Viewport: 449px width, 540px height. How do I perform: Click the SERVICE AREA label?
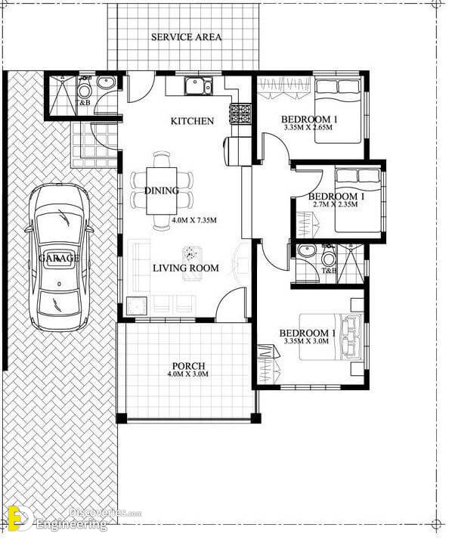coord(186,37)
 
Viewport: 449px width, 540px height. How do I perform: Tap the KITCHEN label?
coord(192,121)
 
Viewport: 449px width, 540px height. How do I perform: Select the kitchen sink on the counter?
coord(199,85)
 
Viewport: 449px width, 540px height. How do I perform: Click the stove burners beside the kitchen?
coord(240,114)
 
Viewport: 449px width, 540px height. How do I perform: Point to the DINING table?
coord(162,191)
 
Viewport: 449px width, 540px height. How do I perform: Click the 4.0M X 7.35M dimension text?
coord(194,220)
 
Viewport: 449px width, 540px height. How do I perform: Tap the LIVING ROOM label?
coord(186,268)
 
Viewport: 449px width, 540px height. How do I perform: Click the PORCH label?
coord(189,366)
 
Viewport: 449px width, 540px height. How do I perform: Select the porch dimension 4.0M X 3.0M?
coord(188,374)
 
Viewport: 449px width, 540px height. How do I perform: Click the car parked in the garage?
coord(59,257)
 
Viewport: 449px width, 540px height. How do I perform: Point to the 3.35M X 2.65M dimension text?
coord(308,127)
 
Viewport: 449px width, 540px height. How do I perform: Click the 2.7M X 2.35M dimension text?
coord(335,204)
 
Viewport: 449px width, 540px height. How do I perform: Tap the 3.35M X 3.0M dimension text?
coord(306,341)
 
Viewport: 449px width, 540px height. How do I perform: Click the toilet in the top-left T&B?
coord(84,88)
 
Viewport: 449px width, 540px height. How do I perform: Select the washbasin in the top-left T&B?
coord(106,82)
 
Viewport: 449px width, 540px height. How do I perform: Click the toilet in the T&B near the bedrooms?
coord(329,255)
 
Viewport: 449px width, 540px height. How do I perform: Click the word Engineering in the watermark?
coord(72,525)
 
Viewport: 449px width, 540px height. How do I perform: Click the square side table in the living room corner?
coord(137,306)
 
